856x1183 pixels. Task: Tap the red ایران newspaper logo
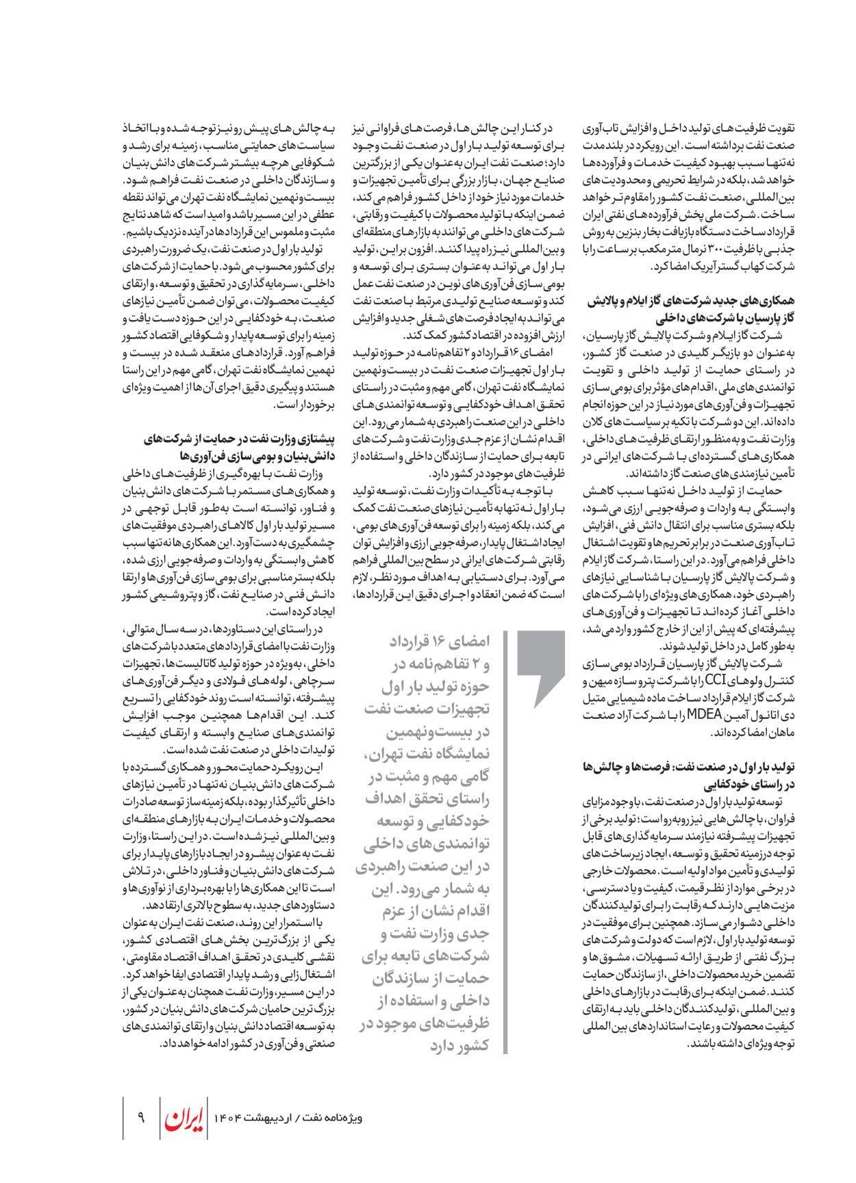184,1119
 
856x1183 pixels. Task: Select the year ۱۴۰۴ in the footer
229,1119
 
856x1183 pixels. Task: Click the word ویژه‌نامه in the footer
342,1119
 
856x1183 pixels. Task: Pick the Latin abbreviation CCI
715,681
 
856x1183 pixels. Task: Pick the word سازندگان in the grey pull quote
401,979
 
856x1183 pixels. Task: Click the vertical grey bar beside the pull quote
505,843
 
